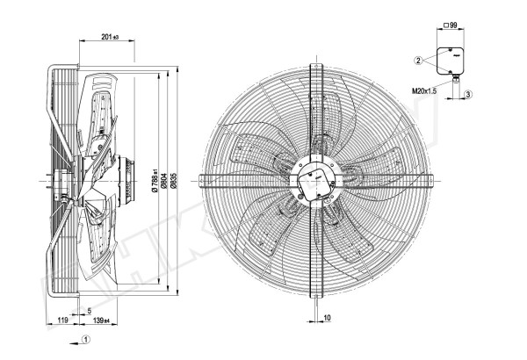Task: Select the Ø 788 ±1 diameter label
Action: coord(154,181)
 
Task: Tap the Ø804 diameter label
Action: coord(164,181)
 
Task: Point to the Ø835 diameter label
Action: coord(175,181)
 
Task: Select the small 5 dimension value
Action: coord(90,311)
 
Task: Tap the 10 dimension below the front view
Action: coord(326,319)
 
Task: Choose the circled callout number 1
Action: coord(85,339)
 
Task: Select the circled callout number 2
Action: coord(420,60)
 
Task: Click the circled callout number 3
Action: coord(469,94)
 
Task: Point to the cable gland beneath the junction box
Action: coord(458,81)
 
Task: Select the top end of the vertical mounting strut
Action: coord(314,63)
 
